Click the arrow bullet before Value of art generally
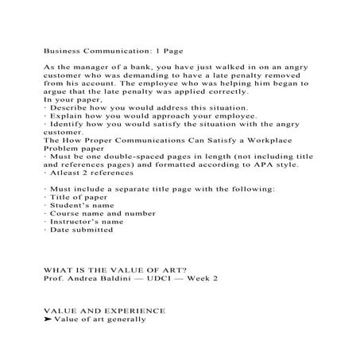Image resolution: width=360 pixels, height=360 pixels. [48, 319]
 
